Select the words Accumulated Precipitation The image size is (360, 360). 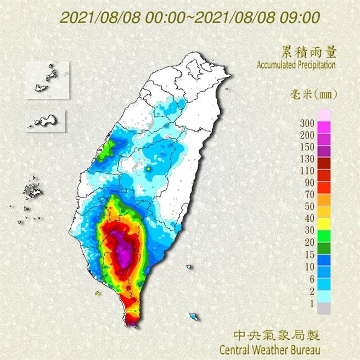coord(296,65)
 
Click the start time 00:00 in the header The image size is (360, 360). coord(164,16)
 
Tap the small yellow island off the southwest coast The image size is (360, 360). coord(97,293)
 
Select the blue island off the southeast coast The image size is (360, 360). coord(193,317)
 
